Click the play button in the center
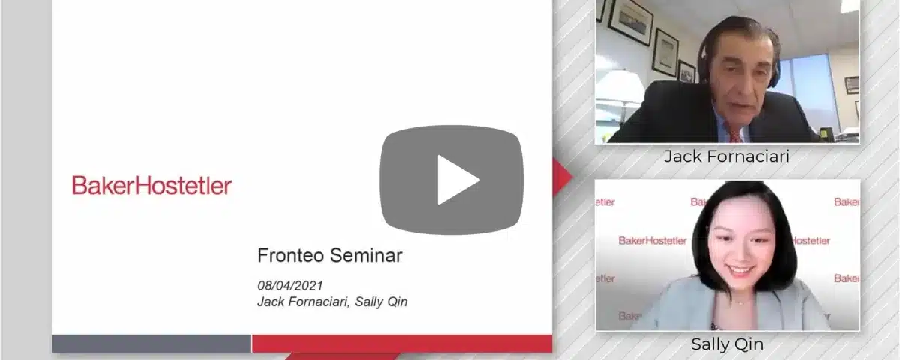(451, 179)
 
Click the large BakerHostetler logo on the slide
(151, 186)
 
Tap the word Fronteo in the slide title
(290, 255)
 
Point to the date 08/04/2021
(290, 285)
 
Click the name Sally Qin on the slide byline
(381, 301)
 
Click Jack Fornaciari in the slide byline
(303, 301)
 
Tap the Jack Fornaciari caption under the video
(727, 156)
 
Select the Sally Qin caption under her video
(727, 344)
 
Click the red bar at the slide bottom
(402, 343)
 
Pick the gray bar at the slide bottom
(151, 343)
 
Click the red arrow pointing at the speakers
(562, 177)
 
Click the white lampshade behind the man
(620, 86)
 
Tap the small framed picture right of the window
(852, 85)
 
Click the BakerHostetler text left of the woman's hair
(652, 241)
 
